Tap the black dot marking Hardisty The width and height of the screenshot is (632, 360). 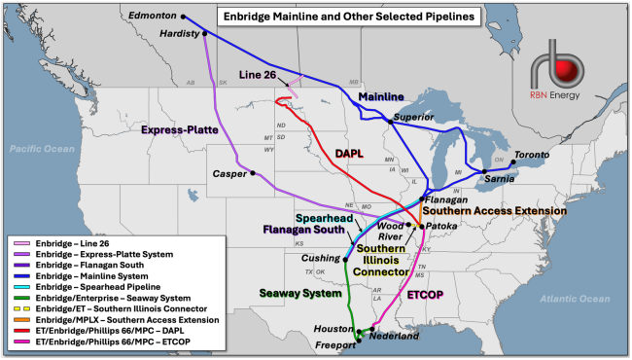pyautogui.click(x=206, y=33)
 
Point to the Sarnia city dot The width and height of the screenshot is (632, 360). pyautogui.click(x=484, y=171)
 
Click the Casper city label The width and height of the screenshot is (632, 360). pyautogui.click(x=231, y=174)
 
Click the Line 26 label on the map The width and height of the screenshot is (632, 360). pyautogui.click(x=260, y=76)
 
